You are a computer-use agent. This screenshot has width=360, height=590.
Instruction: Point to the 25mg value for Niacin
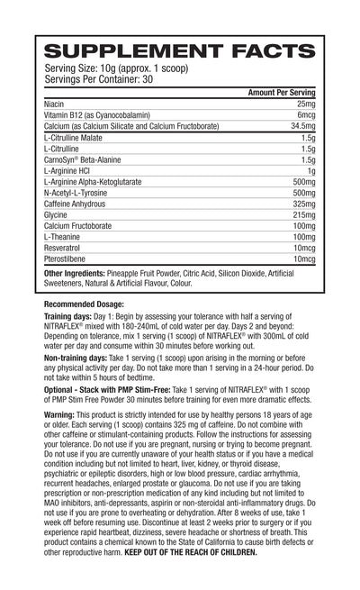point(304,105)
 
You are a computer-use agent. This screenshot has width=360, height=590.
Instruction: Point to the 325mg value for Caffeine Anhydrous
point(301,203)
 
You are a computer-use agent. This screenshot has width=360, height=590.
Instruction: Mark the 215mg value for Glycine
point(301,213)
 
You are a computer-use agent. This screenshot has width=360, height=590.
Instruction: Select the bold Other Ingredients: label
point(79,272)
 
